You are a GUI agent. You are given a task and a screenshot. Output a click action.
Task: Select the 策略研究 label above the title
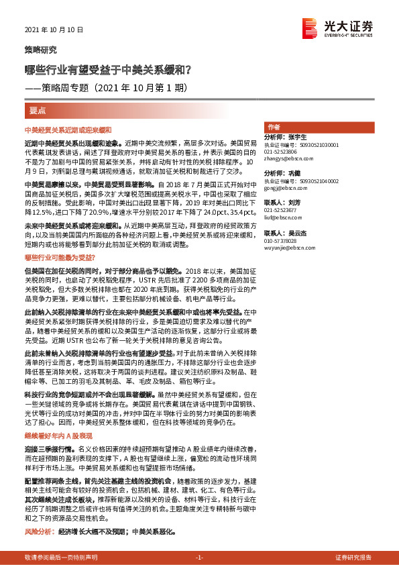[x=41, y=50]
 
